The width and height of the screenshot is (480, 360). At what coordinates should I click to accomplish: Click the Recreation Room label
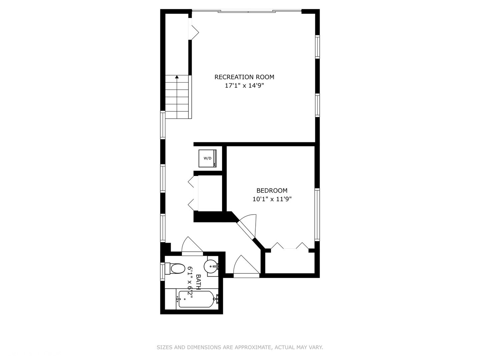[244, 77]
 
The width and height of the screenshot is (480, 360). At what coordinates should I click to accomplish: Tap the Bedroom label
[272, 191]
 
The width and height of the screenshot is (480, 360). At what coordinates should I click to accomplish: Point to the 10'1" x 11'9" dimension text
[272, 199]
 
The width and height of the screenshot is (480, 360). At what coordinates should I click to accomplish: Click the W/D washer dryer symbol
[208, 158]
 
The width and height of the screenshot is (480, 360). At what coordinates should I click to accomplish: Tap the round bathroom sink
[212, 266]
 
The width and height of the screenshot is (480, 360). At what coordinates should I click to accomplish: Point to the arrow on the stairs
[177, 77]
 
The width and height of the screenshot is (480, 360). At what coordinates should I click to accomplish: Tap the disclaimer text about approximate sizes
[240, 347]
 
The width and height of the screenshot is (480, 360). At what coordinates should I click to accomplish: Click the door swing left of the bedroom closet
[245, 267]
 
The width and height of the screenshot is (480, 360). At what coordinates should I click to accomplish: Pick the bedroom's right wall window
[317, 214]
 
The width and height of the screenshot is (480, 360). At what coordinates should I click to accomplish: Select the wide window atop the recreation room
[247, 12]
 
